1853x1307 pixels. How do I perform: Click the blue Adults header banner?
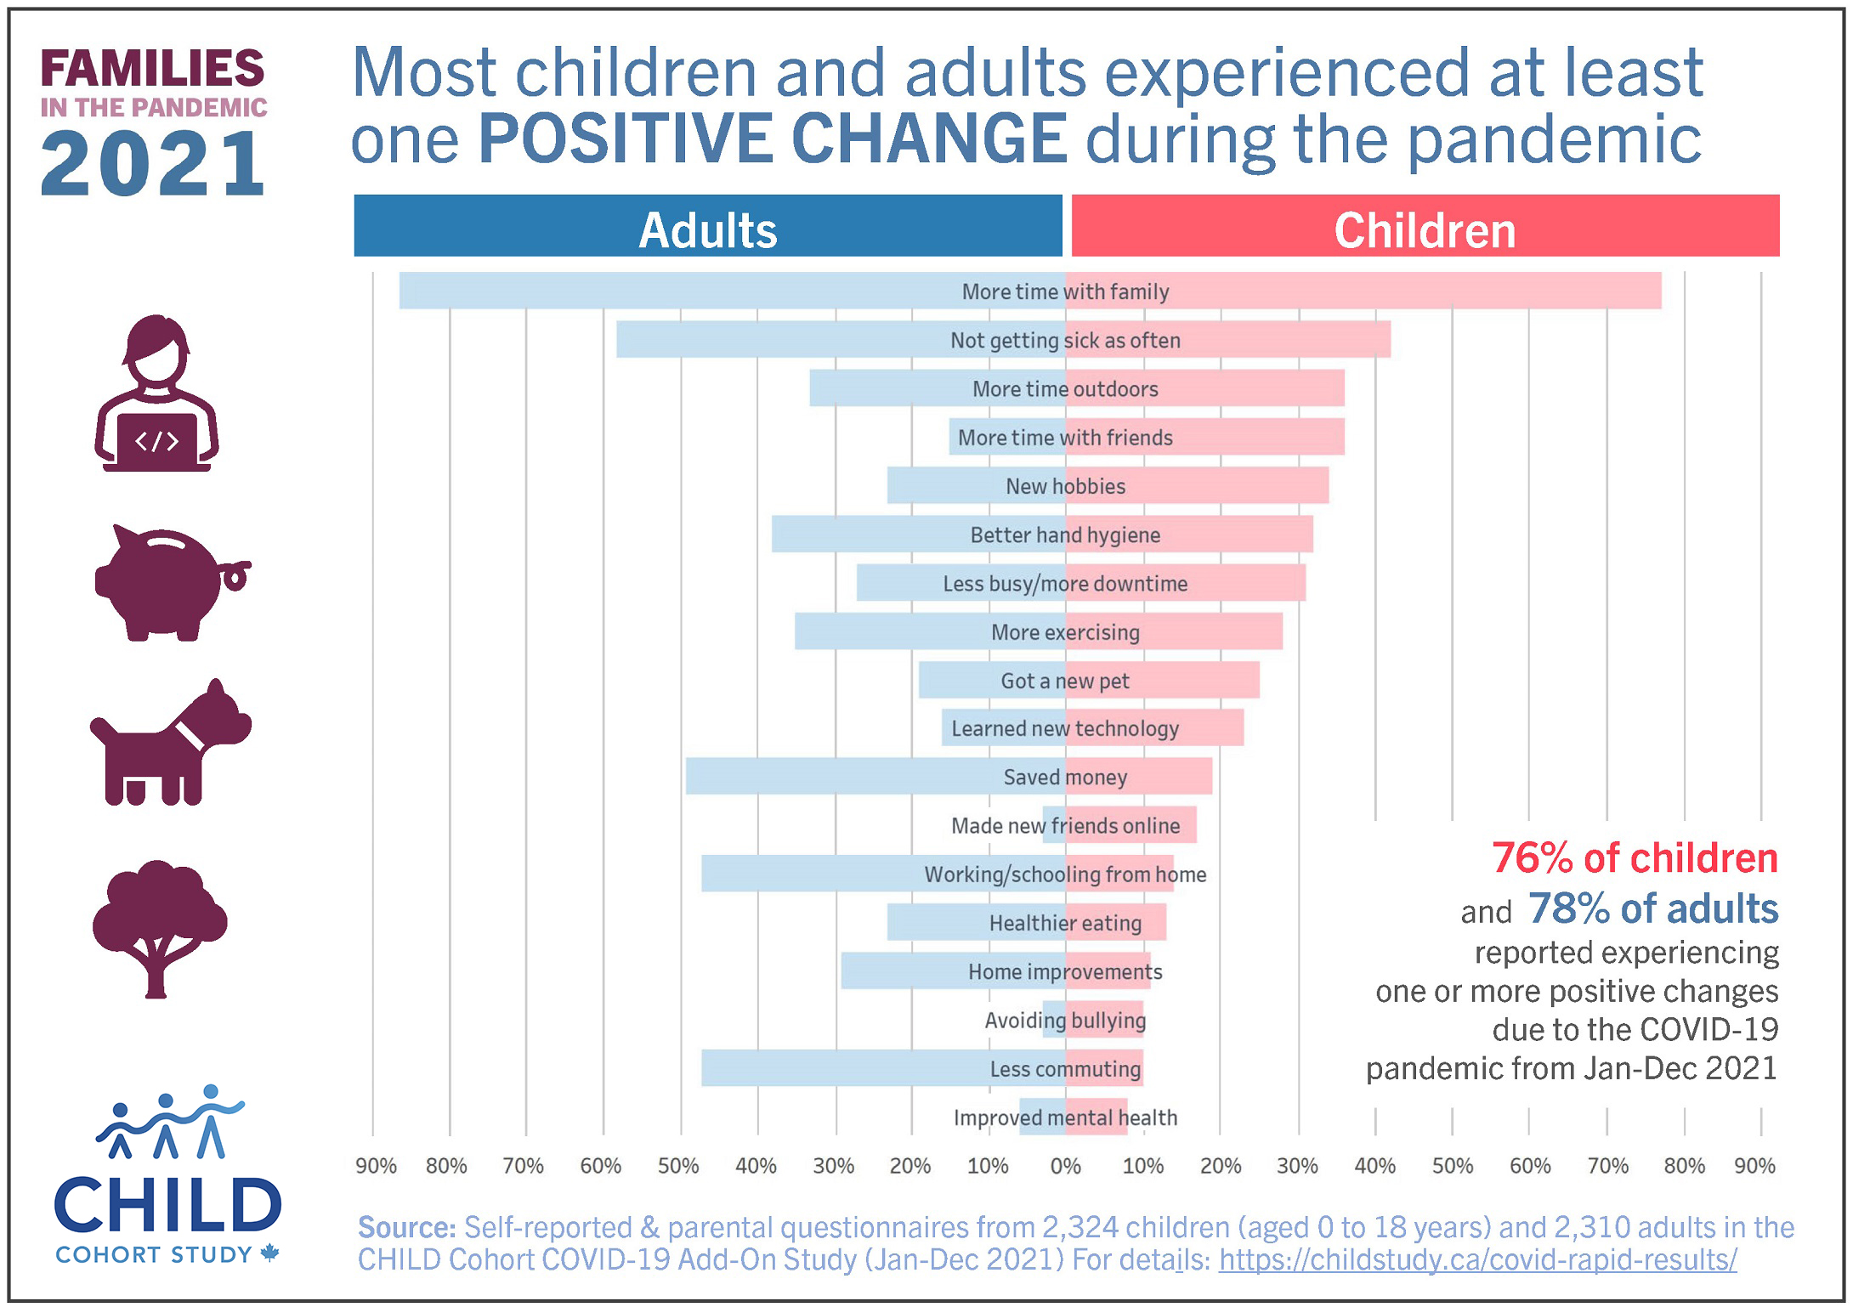coord(708,226)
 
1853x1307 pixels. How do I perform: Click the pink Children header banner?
coord(1425,226)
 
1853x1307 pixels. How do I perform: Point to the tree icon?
coord(159,926)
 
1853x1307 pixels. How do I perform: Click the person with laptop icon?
coord(157,395)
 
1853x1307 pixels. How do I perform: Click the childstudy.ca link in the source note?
coord(1477,1259)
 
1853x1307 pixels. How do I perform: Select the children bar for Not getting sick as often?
coord(1292,340)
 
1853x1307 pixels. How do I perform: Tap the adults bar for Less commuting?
coord(833,1068)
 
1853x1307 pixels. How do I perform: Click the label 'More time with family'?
coord(1065,291)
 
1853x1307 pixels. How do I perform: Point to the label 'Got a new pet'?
coord(1065,681)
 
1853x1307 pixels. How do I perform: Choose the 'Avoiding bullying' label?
coord(1065,1020)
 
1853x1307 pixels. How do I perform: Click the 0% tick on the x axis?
coord(1065,1166)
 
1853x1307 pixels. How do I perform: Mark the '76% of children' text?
coord(1635,858)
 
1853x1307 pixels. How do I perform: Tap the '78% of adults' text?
coord(1652,908)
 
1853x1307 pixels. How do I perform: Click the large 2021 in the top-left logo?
coord(153,164)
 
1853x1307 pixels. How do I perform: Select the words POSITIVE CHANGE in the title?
coord(772,139)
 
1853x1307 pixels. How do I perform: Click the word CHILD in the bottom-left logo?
coord(167,1206)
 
